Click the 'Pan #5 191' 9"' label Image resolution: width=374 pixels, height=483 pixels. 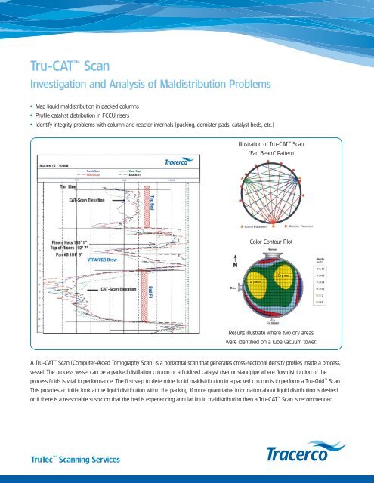(x=51, y=252)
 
